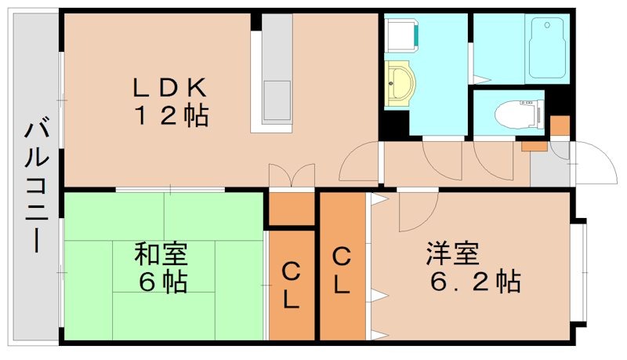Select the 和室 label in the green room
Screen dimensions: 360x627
[161, 254]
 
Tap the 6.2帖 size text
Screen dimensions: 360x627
[475, 281]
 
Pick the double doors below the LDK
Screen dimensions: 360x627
[291, 176]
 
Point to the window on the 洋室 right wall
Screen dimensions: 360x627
[580, 271]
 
